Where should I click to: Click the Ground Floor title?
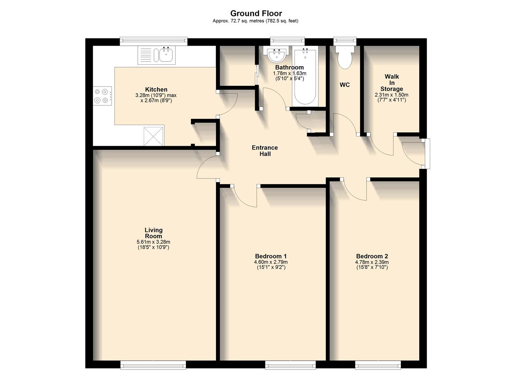(256, 14)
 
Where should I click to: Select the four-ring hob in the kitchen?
(103, 96)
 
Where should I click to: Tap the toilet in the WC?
(344, 57)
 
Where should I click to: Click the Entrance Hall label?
(265, 151)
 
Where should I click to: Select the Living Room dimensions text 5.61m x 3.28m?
(153, 242)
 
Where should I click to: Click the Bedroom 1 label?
(271, 256)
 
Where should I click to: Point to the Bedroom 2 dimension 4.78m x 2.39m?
(372, 262)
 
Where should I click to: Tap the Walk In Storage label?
(391, 82)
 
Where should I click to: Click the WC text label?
(344, 85)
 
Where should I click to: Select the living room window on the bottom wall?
(153, 365)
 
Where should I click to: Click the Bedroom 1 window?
(290, 365)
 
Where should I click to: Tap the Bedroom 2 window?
(378, 365)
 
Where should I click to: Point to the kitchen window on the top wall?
(153, 42)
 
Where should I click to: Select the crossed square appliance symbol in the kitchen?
(153, 136)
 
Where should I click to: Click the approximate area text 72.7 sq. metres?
(239, 21)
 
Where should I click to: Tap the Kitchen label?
(156, 90)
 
